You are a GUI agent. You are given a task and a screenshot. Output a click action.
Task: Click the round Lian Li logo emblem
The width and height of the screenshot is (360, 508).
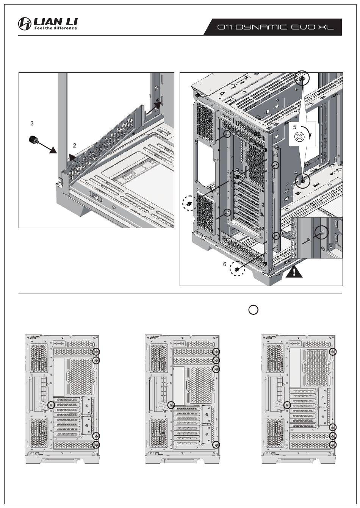[25, 24]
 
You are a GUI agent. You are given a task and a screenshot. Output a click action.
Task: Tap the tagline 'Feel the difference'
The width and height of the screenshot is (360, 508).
[56, 28]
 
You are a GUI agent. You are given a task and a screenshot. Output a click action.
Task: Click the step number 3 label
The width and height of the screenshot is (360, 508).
[32, 123]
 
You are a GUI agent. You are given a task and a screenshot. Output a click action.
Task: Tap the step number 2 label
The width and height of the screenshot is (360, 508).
[75, 145]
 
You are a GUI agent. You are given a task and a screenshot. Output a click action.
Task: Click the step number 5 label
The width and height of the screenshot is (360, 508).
[294, 127]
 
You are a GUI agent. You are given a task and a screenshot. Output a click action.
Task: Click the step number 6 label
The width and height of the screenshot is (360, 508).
[224, 264]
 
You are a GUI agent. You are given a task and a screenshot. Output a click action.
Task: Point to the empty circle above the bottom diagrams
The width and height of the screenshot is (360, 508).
[254, 309]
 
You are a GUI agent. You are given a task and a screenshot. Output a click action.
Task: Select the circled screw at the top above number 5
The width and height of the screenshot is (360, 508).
[302, 79]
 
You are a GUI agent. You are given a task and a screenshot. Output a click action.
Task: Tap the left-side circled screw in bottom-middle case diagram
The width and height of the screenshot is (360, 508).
[171, 405]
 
